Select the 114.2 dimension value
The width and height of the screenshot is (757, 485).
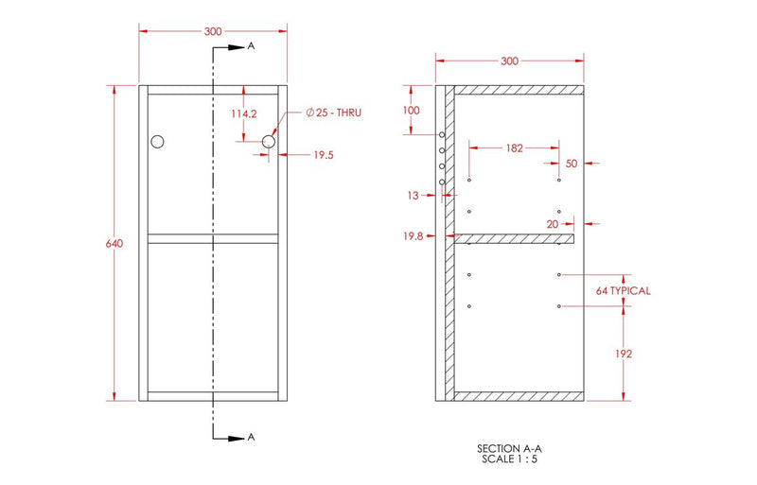(244, 113)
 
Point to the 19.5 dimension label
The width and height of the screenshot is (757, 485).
(325, 156)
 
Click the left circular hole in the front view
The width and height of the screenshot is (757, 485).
(157, 142)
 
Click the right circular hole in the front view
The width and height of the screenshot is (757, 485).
(269, 142)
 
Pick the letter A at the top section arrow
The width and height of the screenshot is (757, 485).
(251, 45)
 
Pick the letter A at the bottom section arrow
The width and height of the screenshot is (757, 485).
(251, 437)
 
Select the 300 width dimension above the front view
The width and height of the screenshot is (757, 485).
(213, 31)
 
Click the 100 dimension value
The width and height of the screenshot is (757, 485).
(411, 111)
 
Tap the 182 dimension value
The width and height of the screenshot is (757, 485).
(514, 147)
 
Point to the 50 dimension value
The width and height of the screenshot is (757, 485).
(571, 164)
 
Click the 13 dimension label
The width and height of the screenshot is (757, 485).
(413, 197)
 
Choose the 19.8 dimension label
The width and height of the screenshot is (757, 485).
(412, 236)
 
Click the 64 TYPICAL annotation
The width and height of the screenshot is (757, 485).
(623, 290)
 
